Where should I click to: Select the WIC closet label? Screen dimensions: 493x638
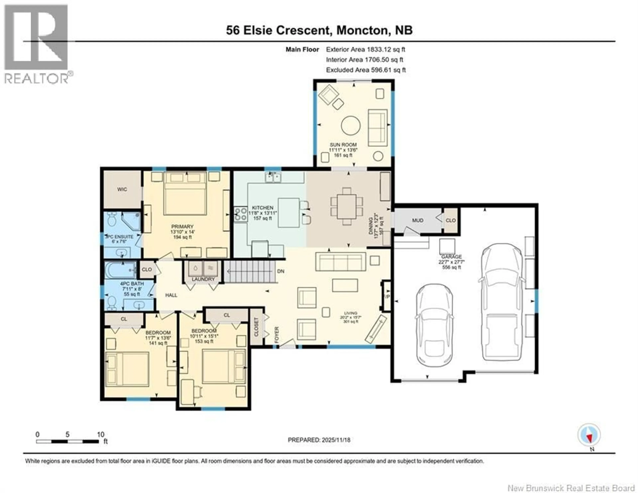point(122,189)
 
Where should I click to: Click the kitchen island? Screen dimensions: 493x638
point(289,213)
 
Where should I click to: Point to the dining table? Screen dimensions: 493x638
point(346,206)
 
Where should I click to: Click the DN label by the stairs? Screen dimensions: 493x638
point(280,271)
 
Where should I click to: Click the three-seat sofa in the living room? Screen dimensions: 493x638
point(341,262)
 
